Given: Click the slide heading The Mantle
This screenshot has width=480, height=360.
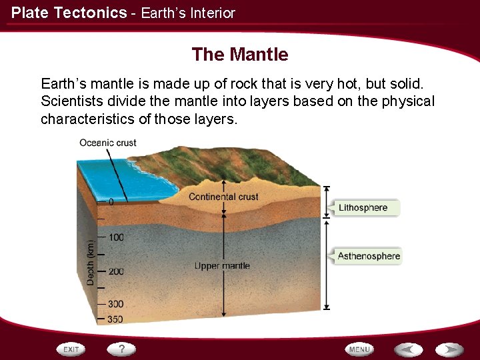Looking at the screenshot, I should (240, 55).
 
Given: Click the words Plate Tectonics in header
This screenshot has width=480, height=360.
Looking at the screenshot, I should (69, 13).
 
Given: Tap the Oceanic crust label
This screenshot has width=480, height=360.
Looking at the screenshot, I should (107, 143).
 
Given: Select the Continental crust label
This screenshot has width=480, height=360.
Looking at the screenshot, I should (223, 197).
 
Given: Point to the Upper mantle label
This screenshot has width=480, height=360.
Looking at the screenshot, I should (222, 266).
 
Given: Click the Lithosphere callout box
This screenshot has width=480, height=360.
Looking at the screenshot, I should (364, 208).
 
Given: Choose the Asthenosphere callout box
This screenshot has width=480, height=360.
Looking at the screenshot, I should (368, 256).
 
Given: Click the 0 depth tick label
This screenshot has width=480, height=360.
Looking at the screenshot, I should (111, 201).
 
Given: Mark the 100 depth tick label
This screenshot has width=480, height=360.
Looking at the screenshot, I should (115, 237).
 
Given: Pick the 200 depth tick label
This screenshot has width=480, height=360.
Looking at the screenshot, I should (115, 272).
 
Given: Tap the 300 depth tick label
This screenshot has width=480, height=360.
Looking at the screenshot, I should (115, 305).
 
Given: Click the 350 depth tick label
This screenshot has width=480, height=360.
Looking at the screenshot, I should (115, 319).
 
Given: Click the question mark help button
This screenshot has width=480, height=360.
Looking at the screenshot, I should (122, 349).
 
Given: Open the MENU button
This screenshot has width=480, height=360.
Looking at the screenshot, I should (359, 349).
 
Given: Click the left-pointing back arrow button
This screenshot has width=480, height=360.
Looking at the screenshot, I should (408, 349).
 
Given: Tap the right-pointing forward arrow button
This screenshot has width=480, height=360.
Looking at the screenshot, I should (449, 349).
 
